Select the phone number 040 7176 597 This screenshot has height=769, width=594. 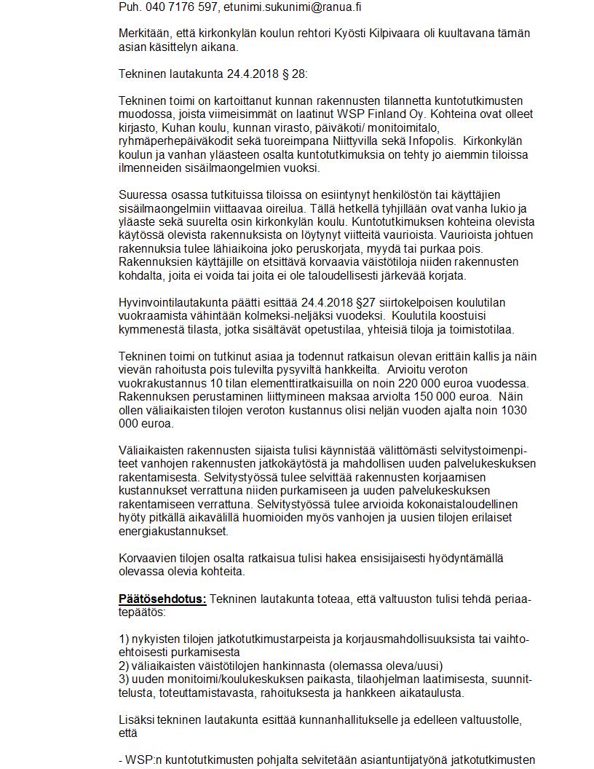point(178,7)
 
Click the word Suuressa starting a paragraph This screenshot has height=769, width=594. point(142,195)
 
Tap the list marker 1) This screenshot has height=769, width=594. point(124,639)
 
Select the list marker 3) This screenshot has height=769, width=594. point(124,679)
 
